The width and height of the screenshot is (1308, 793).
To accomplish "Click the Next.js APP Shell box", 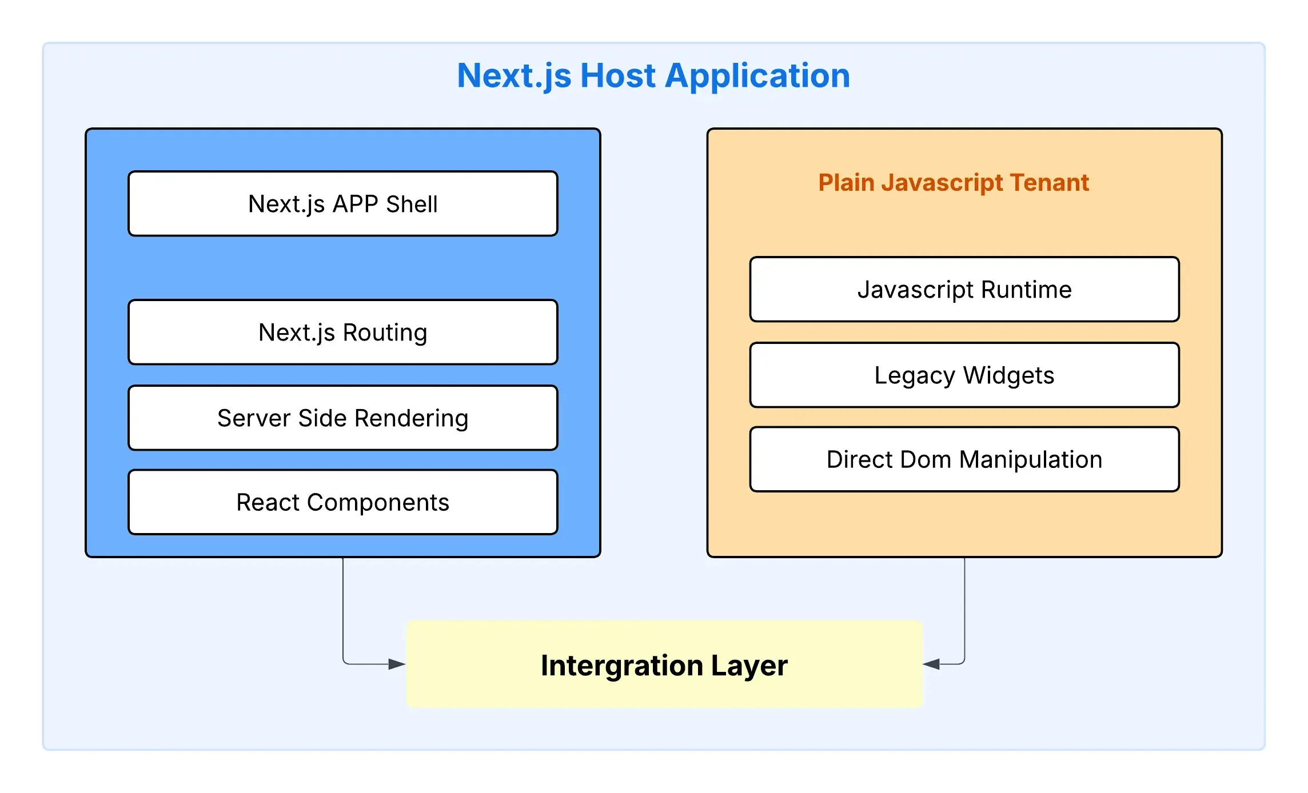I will [342, 203].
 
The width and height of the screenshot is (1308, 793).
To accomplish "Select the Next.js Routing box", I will [342, 332].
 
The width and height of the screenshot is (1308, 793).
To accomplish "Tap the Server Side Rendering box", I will [342, 418].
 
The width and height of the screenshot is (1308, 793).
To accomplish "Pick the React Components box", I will [342, 502].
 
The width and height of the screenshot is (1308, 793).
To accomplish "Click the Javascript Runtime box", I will [964, 289].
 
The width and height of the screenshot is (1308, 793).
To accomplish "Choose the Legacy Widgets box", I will [964, 375].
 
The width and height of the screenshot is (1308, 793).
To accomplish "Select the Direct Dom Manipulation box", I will [964, 459].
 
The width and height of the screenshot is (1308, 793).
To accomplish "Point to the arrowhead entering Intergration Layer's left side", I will [397, 664].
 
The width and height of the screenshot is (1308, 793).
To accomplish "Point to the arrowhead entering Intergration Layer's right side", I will [932, 664].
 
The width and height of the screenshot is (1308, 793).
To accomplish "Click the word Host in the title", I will [617, 75].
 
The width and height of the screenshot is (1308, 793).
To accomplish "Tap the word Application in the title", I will [757, 75].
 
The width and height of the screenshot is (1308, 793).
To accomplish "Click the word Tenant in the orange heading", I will [1049, 182].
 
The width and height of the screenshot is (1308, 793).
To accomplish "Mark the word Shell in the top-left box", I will [412, 204].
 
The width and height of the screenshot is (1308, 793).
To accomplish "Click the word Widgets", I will [1008, 375].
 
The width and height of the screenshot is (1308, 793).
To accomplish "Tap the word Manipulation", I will [1031, 459].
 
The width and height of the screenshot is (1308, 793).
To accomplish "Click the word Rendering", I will [411, 418].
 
